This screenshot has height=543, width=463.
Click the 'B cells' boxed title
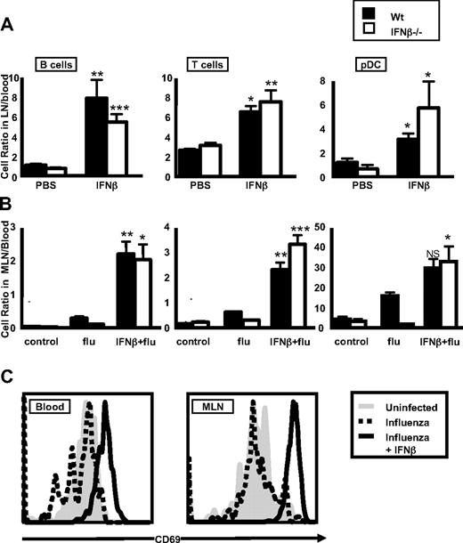(x=55, y=64)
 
